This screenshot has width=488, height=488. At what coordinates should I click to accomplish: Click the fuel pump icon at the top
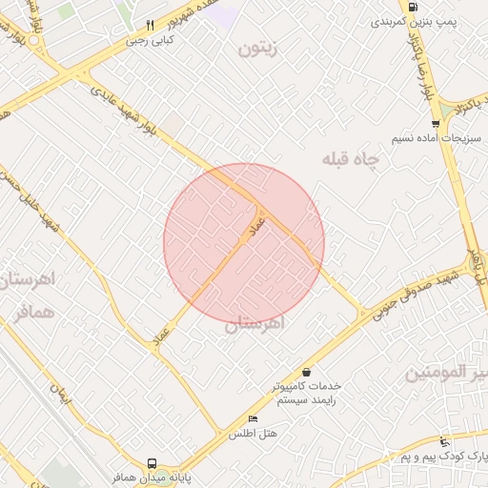point(412,8)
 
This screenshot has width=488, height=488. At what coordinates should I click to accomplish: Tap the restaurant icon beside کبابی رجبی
point(150,26)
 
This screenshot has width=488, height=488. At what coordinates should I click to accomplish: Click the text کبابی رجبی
point(152,41)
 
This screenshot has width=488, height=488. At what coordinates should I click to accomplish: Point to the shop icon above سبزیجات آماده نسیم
point(436,123)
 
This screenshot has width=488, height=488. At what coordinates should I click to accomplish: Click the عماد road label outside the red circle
point(160,335)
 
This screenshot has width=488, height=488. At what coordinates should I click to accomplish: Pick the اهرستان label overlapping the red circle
point(255,324)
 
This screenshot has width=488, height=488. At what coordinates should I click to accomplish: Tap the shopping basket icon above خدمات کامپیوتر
point(306,372)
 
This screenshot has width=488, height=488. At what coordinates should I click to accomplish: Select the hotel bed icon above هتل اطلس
point(252,419)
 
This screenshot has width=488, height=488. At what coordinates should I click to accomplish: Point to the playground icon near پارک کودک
point(445,441)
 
